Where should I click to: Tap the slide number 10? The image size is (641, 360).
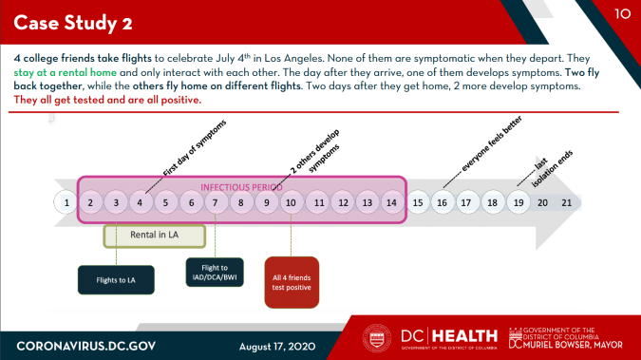click(x=622, y=13)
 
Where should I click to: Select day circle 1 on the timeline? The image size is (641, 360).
click(x=65, y=202)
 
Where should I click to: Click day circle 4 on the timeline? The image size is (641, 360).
click(x=140, y=202)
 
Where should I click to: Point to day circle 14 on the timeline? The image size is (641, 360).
click(x=392, y=202)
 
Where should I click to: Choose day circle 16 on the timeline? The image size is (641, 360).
click(x=443, y=202)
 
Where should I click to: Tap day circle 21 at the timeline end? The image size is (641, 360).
click(x=567, y=202)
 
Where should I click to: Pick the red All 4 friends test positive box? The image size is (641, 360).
click(x=292, y=281)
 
